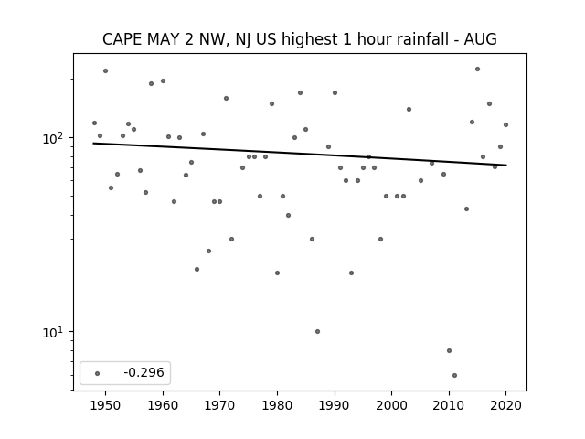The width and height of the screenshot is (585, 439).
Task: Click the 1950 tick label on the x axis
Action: [x=105, y=405]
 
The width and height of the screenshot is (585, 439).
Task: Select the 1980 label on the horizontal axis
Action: [x=277, y=405]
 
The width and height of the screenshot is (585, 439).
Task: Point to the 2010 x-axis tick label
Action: [x=449, y=405]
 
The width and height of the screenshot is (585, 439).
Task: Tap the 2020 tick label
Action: [x=505, y=405]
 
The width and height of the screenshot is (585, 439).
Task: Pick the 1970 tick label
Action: [x=219, y=405]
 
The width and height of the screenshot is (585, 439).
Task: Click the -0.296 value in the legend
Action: [x=144, y=372]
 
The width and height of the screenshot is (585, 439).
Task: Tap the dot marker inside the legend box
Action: [x=98, y=373]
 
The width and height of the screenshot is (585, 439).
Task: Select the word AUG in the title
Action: [x=480, y=39]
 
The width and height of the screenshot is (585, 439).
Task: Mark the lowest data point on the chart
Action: [x=454, y=375]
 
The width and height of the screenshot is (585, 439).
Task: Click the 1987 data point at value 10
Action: [x=317, y=331]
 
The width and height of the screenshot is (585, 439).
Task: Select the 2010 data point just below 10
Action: [x=449, y=350]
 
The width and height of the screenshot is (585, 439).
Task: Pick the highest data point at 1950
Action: [x=106, y=71]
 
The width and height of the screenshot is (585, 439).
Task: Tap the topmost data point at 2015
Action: [x=477, y=70]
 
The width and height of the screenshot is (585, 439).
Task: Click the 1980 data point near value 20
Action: [x=277, y=273]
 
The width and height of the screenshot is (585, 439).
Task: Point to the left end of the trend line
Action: [x=93, y=144]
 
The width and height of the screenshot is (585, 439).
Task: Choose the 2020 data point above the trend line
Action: [x=505, y=124]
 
